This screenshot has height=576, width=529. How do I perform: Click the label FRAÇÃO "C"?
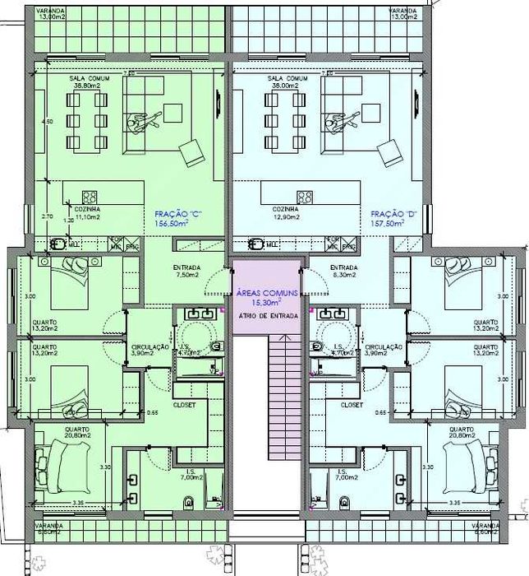pyautogui.click(x=178, y=213)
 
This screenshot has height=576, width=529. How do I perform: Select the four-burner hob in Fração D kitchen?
pyautogui.click(x=306, y=197)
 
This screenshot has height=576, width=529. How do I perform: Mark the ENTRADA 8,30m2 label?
pyautogui.click(x=342, y=272)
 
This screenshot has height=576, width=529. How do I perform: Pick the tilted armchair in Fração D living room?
pyautogui.click(x=387, y=152)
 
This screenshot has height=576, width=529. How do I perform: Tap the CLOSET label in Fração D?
pyautogui.click(x=352, y=405)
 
